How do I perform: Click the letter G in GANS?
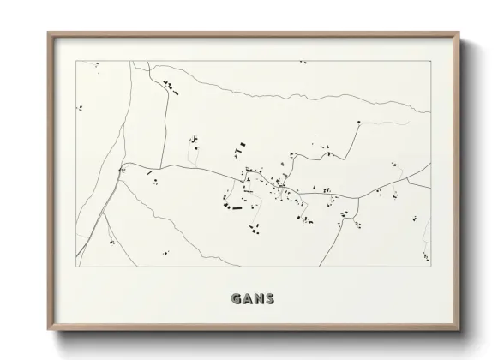pos(236,299)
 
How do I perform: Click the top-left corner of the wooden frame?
pos(47,33)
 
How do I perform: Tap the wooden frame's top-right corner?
pos(459,33)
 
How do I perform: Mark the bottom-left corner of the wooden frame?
pos(47,329)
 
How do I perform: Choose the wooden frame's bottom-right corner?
pos(459,329)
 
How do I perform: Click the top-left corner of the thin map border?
pos(75,61)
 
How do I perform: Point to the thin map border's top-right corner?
pos(430,61)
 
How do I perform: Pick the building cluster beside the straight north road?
pos(169,85)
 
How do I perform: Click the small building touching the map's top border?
pos(302,62)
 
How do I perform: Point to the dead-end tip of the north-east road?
pos(359,122)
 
